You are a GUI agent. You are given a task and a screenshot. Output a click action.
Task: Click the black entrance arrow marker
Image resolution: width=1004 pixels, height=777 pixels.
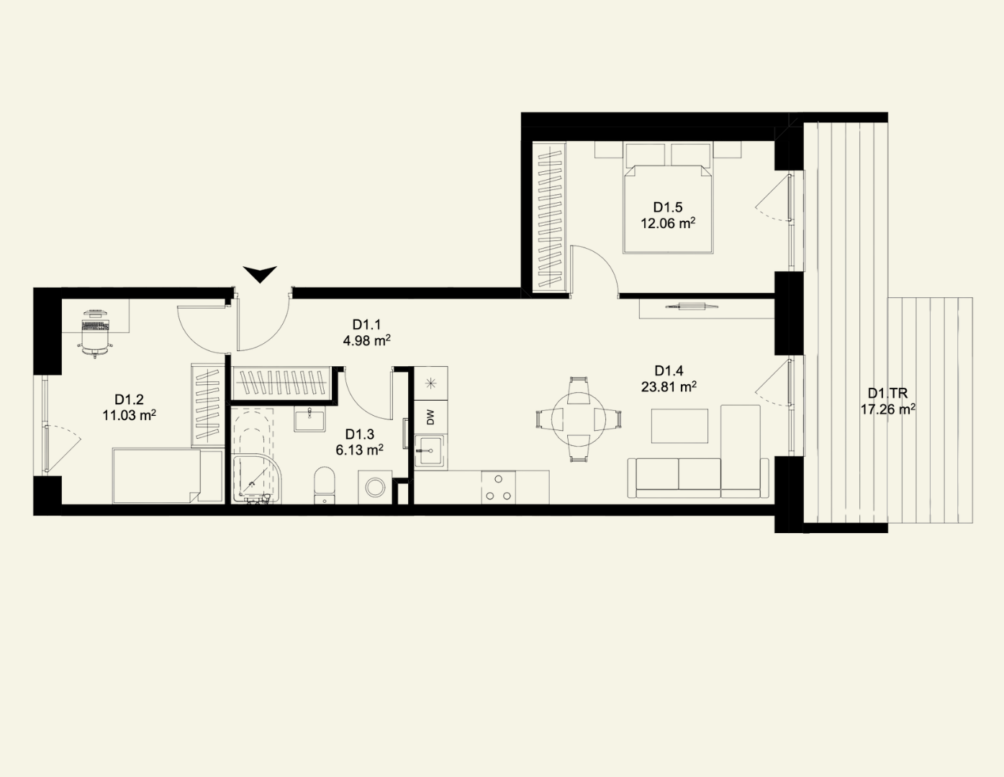(260, 274)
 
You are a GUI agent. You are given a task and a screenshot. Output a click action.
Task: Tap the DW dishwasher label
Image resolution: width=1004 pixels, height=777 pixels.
(430, 418)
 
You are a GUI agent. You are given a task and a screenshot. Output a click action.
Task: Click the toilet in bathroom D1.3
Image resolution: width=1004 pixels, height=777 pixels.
(325, 486)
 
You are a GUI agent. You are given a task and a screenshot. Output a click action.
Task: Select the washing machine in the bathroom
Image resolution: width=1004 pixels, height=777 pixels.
(375, 487)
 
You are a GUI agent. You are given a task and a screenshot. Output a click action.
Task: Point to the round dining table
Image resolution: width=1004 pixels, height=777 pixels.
(579, 419)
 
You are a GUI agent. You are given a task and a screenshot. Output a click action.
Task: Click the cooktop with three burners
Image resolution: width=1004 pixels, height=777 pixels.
(499, 488)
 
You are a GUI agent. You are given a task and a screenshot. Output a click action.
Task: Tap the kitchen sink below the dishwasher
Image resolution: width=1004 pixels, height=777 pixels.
(430, 450)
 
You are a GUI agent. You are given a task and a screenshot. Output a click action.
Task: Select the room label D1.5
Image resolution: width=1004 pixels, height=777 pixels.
(668, 207)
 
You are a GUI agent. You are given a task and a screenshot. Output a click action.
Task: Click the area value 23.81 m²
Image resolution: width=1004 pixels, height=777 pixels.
(669, 386)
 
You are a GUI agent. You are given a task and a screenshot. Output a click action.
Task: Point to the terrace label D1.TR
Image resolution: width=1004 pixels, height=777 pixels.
(887, 394)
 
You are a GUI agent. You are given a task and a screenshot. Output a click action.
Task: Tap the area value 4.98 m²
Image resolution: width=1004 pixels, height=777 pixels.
(367, 341)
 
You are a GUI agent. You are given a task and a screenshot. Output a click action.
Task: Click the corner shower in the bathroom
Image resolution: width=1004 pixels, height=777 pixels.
(255, 479)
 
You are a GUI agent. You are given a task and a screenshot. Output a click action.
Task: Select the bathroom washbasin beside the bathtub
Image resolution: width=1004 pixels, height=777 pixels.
(309, 419)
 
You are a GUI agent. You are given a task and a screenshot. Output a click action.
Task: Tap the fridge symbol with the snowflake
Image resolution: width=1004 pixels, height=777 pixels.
(431, 383)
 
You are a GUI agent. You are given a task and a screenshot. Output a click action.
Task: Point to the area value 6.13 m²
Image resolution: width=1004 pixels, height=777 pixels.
(359, 450)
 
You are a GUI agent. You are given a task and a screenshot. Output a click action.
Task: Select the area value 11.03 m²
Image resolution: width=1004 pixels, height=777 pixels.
(129, 415)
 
